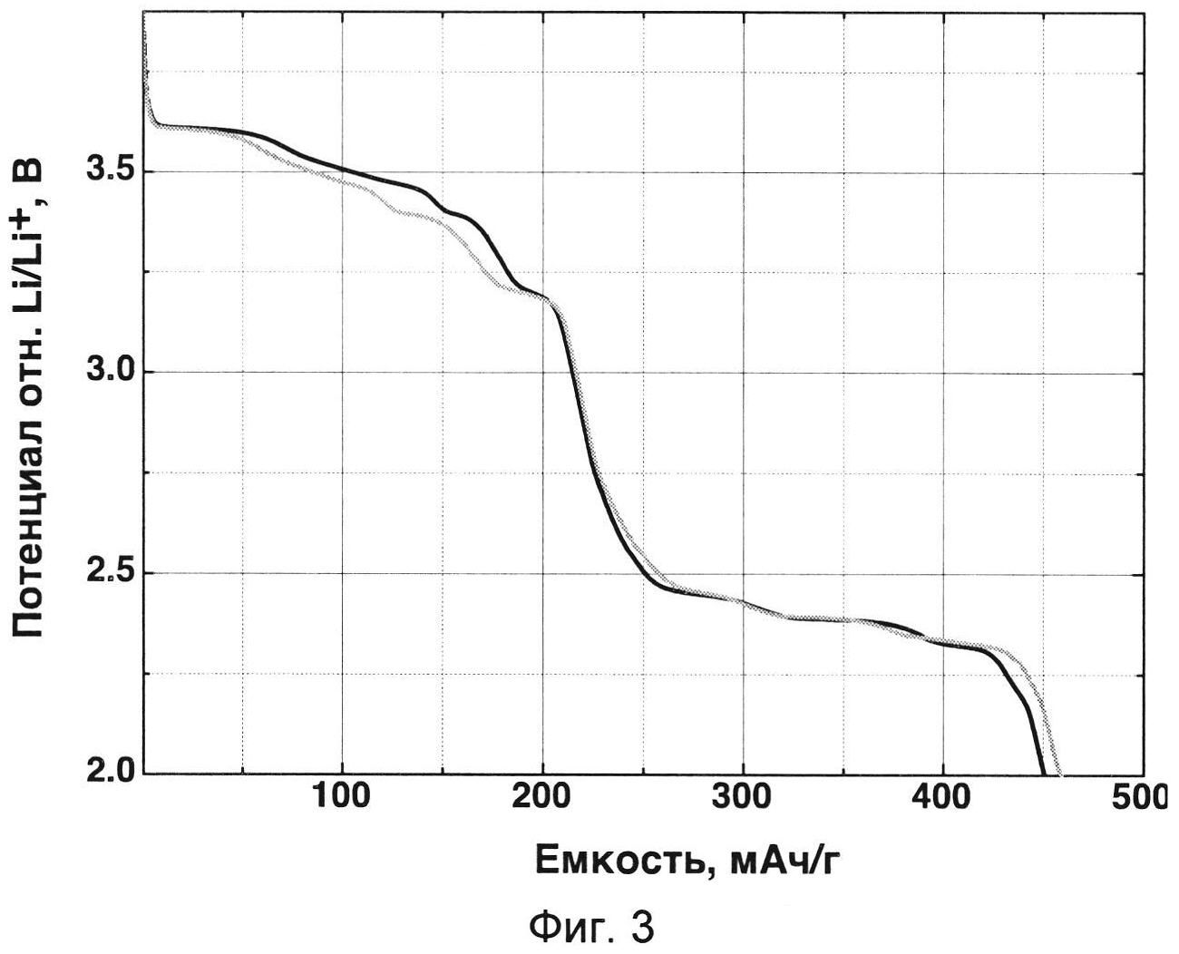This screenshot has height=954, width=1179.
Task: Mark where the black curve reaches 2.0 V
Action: click(1044, 772)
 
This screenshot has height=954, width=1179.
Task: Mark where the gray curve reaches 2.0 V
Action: click(1059, 772)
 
